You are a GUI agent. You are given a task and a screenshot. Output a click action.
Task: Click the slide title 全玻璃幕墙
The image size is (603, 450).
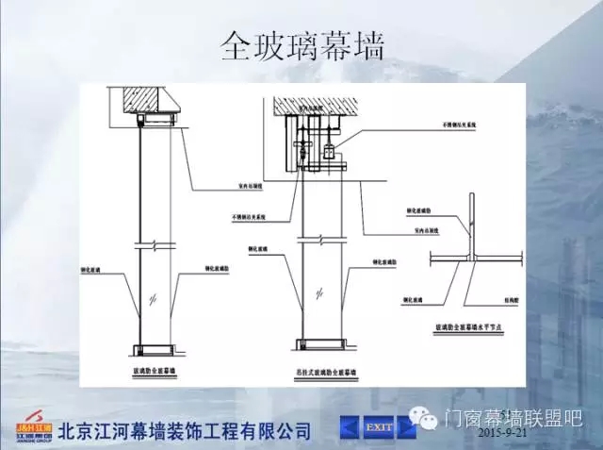point(301,44)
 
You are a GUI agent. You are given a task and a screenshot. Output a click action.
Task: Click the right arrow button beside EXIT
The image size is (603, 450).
point(407,427)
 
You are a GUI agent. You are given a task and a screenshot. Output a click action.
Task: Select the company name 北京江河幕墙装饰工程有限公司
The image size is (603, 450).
point(185,431)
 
